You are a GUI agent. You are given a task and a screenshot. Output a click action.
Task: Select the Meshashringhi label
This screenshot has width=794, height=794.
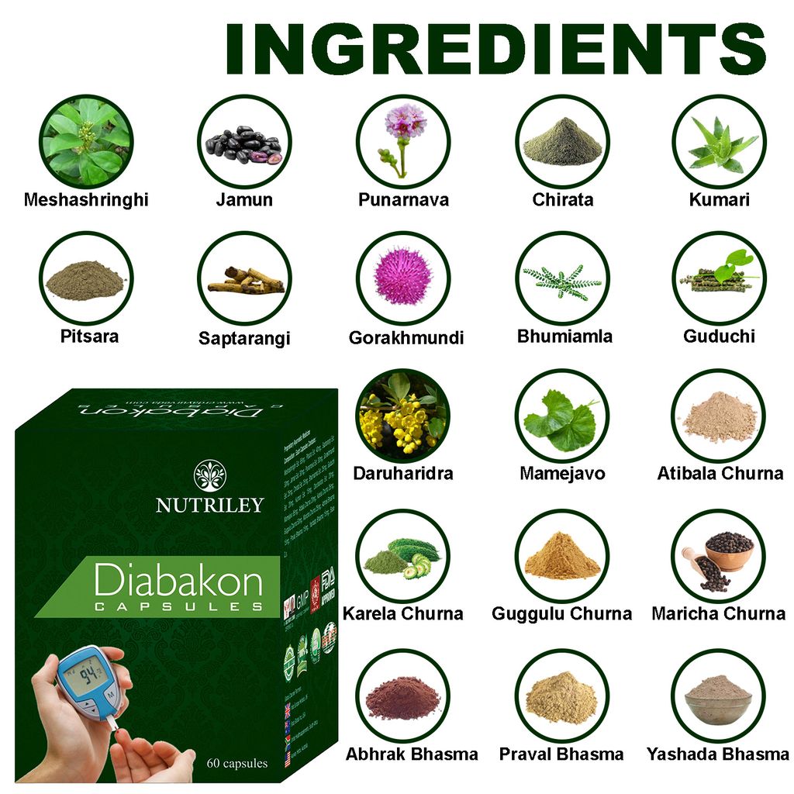tap(86, 200)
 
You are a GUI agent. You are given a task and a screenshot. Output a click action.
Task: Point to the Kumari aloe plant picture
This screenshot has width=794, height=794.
tap(719, 141)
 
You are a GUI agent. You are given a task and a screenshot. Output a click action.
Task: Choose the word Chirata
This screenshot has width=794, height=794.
tap(562, 200)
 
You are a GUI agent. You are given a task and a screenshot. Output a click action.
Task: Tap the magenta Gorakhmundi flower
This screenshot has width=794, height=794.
tap(403, 278)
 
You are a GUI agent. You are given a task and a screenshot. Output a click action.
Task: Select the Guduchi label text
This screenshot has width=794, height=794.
tap(719, 337)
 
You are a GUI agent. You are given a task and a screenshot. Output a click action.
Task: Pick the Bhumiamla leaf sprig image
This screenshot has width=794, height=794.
tap(562, 279)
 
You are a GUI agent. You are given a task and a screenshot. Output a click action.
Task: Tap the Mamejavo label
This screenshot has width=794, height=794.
tap(562, 473)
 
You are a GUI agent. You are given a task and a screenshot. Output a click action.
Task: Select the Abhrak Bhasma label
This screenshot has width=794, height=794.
tap(412, 754)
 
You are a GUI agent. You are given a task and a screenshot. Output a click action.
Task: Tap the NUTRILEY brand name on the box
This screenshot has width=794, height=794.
tap(209, 505)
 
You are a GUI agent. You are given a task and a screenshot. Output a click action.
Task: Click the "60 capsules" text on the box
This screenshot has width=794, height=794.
tap(237, 763)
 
